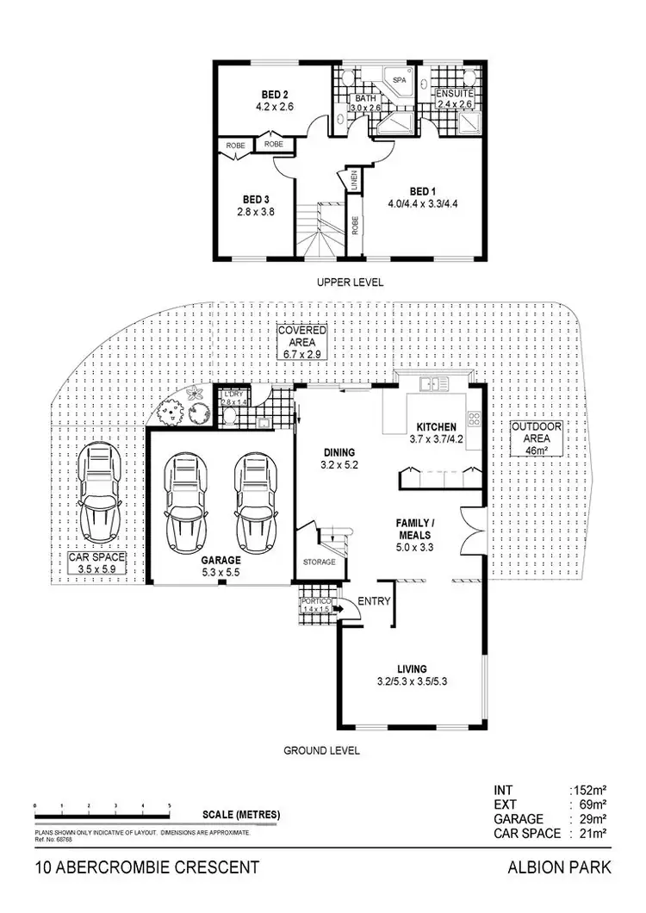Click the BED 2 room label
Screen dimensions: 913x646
276,96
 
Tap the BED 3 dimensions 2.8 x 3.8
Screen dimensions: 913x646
256,211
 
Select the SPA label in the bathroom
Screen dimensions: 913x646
399,80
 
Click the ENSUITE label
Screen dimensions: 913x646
453,93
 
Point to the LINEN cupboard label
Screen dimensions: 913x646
354,181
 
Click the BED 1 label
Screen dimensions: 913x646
421,191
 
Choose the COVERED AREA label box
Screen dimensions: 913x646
301,342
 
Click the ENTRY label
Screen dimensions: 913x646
373,601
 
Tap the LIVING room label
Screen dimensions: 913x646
412,669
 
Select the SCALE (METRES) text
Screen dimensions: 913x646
241,815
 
